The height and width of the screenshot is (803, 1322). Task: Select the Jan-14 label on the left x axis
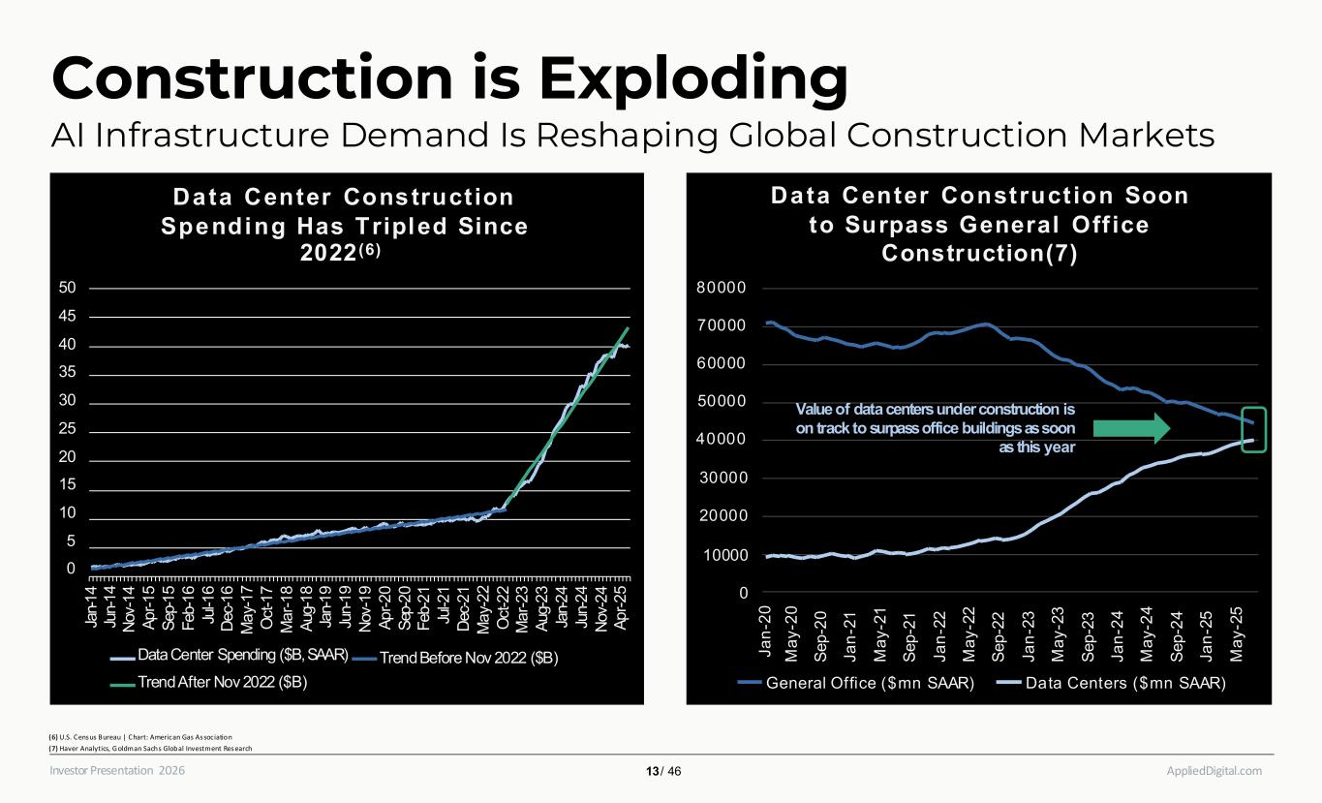[93, 607]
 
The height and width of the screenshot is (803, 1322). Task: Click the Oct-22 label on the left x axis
[505, 607]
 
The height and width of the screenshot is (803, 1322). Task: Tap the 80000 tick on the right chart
[725, 289]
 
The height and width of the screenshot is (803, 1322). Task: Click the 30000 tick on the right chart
[725, 479]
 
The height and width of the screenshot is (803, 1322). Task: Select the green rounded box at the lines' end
[1254, 430]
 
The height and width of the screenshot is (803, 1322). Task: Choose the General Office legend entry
[858, 684]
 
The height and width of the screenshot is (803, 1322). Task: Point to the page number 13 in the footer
[652, 772]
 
